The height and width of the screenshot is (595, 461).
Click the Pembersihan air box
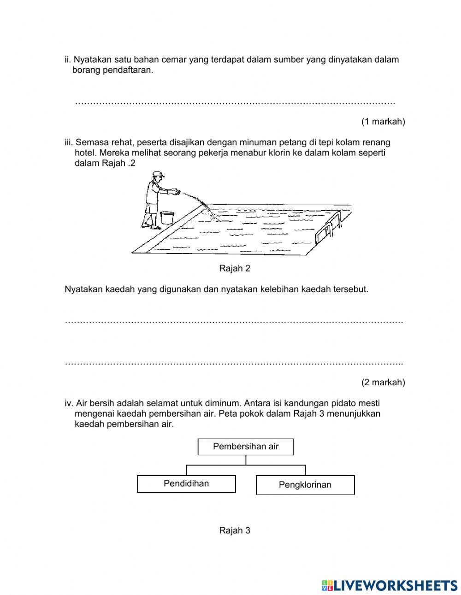tap(246, 447)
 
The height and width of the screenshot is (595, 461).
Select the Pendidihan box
tap(186, 483)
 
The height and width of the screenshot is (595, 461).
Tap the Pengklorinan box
tap(305, 485)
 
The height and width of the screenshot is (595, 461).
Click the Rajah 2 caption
tap(235, 268)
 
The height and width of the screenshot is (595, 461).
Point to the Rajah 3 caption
tap(235, 530)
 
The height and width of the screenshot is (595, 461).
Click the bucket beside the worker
tap(167, 218)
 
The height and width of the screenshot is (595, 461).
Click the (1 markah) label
tap(383, 122)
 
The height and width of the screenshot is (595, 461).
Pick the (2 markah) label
tap(383, 382)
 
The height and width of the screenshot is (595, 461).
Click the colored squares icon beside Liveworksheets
tap(327, 585)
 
